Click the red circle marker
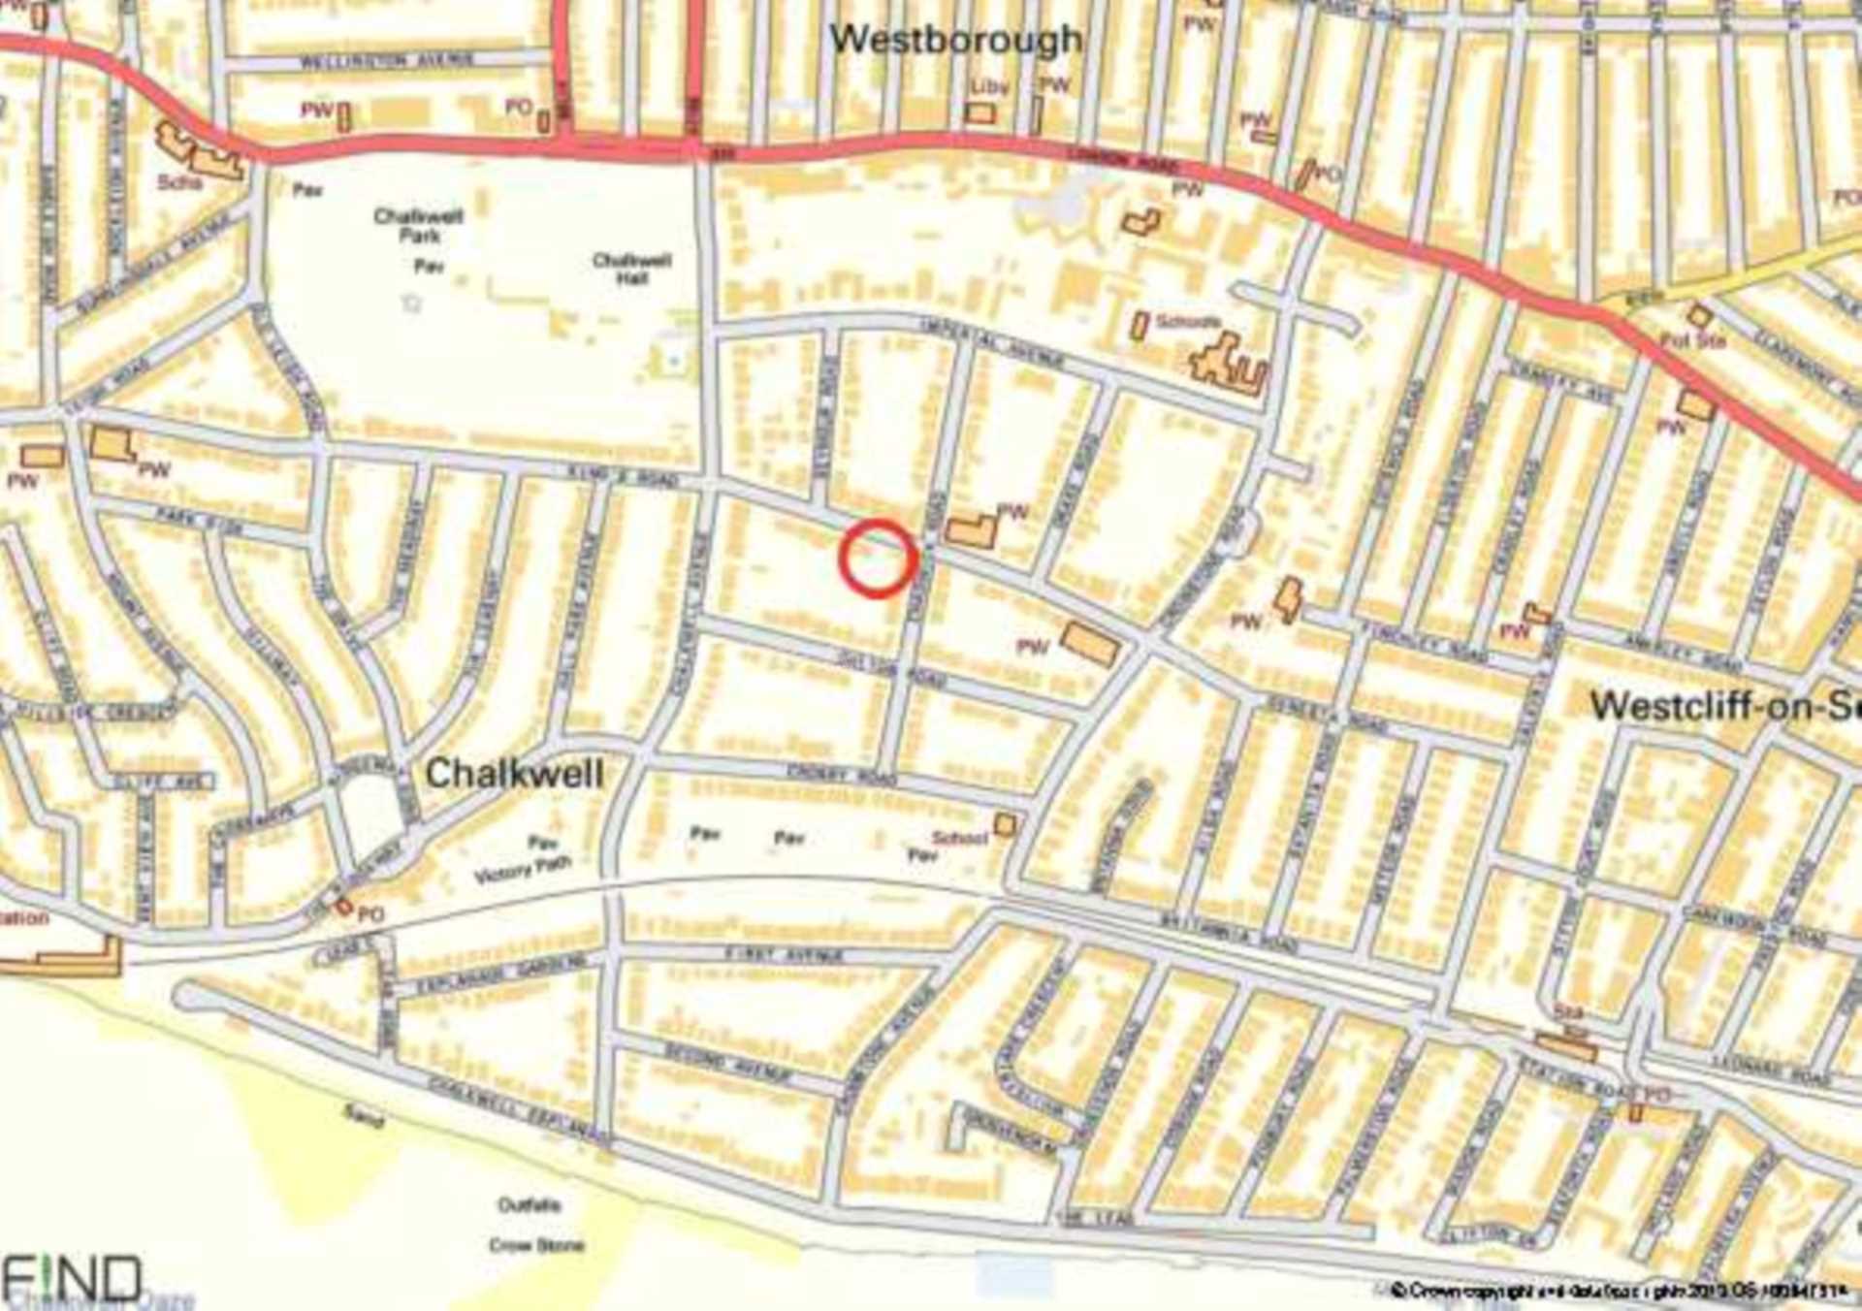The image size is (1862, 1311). [x=878, y=558]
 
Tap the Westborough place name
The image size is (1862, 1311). [x=955, y=40]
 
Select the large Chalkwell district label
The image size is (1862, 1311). [x=514, y=774]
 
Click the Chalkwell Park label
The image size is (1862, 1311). [x=419, y=225]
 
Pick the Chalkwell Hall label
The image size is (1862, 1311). [x=631, y=269]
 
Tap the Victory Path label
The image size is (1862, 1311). [x=523, y=869]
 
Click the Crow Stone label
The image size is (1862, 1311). [x=536, y=1245]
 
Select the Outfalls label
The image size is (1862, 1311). [x=529, y=1205]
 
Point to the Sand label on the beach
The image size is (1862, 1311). [x=364, y=1116]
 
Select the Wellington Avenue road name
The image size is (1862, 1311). [x=386, y=61]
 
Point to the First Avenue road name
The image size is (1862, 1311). [x=785, y=955]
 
